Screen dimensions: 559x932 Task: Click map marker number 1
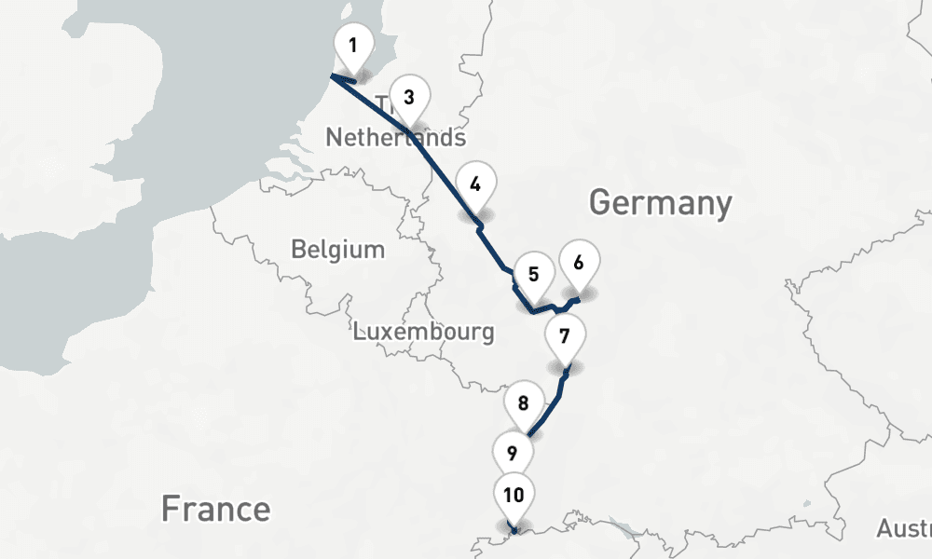point(353,46)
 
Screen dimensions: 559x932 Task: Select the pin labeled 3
point(409,97)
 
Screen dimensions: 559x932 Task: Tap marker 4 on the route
point(475,184)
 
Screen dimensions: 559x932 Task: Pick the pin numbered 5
point(534,275)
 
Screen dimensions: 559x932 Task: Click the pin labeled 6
point(579,264)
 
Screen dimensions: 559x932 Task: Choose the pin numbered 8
point(523,404)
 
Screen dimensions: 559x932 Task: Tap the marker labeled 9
point(512,455)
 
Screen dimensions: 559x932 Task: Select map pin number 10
point(514,496)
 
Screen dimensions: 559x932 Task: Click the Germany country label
point(660,202)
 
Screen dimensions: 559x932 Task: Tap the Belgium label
point(337,250)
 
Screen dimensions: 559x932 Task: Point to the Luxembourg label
point(423,332)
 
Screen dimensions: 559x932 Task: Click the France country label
point(215,510)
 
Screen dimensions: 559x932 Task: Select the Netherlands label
point(395,139)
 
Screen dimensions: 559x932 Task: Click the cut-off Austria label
point(903,529)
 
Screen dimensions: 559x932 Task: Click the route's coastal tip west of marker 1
point(331,77)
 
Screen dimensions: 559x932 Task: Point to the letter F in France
point(170,510)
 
